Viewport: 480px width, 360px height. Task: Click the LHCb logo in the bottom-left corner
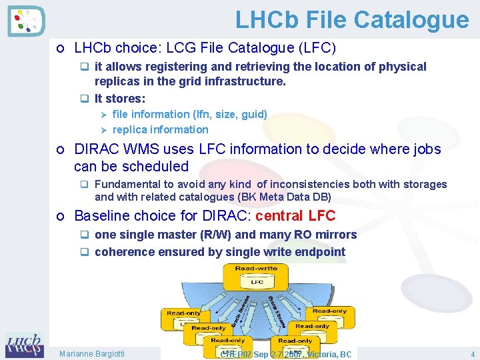pyautogui.click(x=24, y=345)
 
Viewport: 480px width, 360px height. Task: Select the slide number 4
pyautogui.click(x=472, y=354)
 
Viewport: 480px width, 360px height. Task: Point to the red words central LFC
pyautogui.click(x=295, y=216)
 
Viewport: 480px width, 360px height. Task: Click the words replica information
pyautogui.click(x=160, y=129)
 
